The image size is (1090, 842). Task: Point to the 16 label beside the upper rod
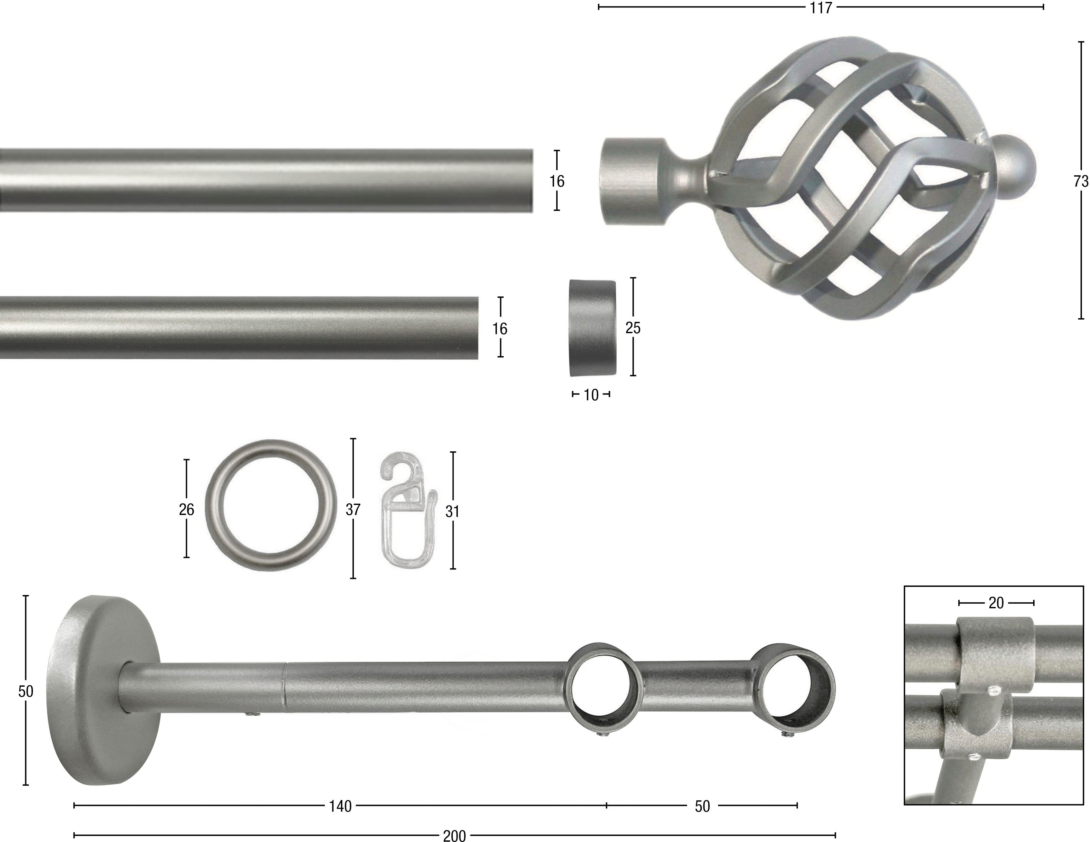(557, 181)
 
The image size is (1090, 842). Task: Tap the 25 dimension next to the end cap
(633, 328)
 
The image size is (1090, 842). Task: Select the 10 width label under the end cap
(591, 395)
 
